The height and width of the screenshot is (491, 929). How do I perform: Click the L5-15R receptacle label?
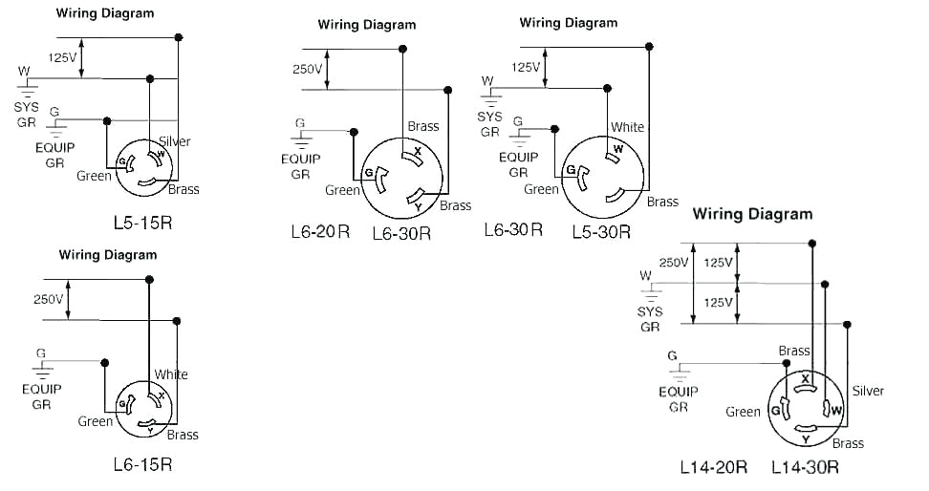tap(142, 224)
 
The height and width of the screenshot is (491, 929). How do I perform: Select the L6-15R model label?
tap(142, 465)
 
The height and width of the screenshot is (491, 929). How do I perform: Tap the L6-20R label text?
tap(320, 231)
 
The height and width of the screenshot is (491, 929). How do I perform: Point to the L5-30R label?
tap(601, 231)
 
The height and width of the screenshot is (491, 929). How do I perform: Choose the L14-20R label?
tap(713, 467)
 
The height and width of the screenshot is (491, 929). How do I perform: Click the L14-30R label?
tap(806, 467)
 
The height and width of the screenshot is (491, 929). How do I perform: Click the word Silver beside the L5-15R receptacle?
tap(175, 141)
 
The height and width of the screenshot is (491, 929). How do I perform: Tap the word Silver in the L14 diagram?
tap(868, 391)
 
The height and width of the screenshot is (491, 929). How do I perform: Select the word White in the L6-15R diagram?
tap(171, 374)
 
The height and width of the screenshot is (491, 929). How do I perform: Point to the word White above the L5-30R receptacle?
tap(627, 127)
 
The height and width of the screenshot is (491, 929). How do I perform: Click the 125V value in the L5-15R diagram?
tap(62, 57)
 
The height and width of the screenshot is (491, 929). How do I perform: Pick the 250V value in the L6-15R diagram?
tap(48, 299)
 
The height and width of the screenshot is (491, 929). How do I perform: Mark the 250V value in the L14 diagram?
tap(673, 263)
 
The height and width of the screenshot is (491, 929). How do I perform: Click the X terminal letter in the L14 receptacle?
tap(806, 379)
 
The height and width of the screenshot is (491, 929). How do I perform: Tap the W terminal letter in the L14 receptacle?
tap(836, 411)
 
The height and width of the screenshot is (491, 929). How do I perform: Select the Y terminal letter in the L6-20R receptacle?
tap(418, 203)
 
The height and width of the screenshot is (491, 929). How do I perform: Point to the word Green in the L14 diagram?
tap(743, 412)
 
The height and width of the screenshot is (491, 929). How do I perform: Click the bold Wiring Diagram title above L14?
tap(752, 214)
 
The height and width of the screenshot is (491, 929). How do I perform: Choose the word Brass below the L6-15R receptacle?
tap(183, 435)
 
